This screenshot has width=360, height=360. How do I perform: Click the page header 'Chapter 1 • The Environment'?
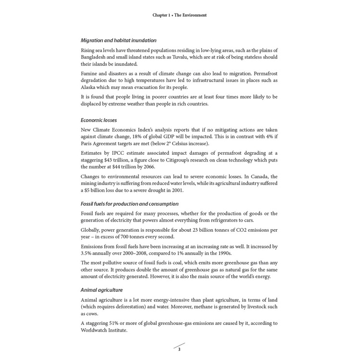point(179,15)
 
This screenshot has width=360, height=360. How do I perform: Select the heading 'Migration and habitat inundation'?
point(118,40)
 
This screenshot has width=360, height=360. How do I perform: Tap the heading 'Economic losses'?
point(99,120)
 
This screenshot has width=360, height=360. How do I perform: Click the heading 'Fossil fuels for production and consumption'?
point(129,204)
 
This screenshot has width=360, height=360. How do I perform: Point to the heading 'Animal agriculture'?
point(101,290)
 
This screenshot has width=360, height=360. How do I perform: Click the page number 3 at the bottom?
point(179,349)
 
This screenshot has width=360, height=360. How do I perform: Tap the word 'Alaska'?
point(89,87)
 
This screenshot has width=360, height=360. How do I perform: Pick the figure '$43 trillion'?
point(118,160)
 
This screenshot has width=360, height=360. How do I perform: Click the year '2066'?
point(148,167)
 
